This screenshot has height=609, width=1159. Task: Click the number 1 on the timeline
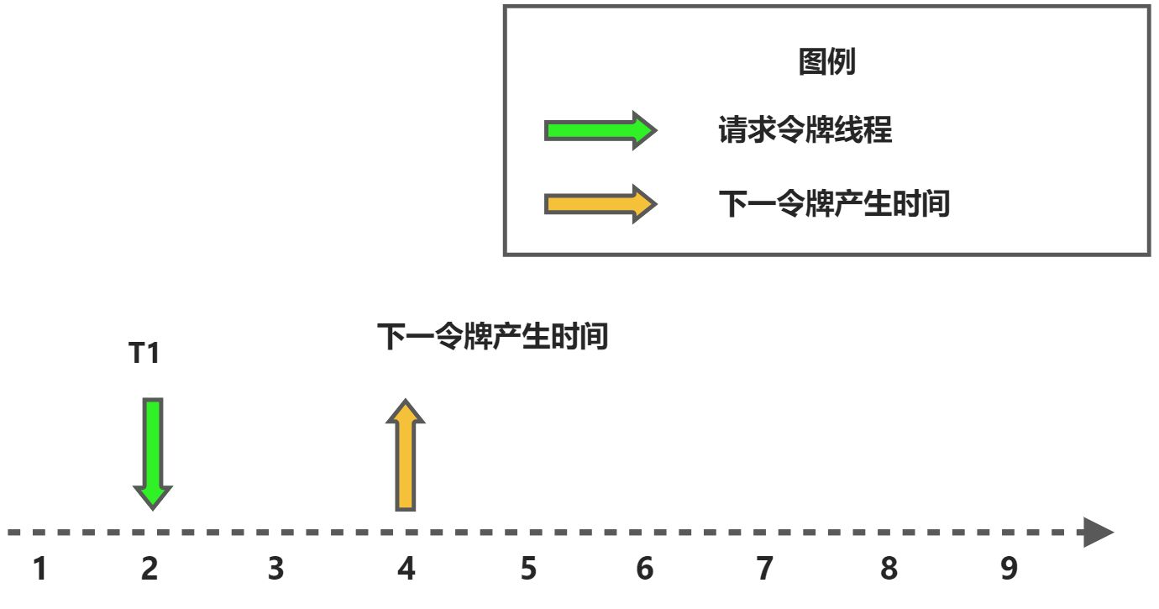click(x=39, y=570)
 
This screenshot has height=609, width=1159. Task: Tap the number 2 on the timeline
click(x=149, y=570)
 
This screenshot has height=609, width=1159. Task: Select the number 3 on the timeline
click(x=275, y=570)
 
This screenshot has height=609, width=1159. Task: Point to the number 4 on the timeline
click(x=406, y=570)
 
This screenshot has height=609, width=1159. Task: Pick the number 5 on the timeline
click(x=528, y=570)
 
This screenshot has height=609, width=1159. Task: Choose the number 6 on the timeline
click(x=645, y=570)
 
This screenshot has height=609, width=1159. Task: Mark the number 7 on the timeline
click(x=764, y=570)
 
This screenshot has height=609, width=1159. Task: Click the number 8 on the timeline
click(x=889, y=570)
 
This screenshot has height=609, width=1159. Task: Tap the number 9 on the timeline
click(x=1009, y=570)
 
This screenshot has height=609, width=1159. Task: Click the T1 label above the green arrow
click(x=144, y=354)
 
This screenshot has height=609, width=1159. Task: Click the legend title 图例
click(x=826, y=62)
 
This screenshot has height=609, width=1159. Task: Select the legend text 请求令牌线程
click(x=805, y=131)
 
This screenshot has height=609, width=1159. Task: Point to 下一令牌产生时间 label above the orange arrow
click(x=492, y=337)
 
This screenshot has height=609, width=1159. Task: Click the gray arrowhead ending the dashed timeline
click(x=1098, y=533)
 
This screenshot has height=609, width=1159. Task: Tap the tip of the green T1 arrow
click(x=153, y=507)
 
